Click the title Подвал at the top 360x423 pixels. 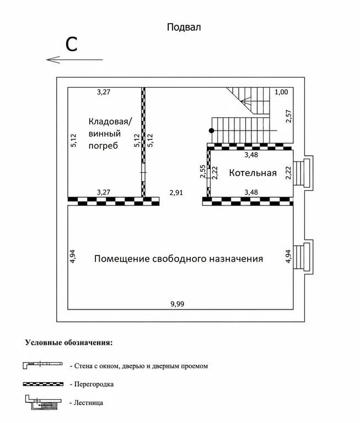point(184,27)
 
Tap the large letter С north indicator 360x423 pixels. point(72,44)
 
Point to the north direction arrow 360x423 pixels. point(74,59)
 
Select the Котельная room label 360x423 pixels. point(253,172)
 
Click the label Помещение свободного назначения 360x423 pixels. point(179,259)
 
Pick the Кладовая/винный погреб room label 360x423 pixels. point(110,133)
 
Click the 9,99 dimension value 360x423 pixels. point(177,304)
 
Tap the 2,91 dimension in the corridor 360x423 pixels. point(176,193)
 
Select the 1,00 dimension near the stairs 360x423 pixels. point(281,92)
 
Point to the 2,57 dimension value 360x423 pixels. point(289,116)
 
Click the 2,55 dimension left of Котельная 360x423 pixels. point(203,172)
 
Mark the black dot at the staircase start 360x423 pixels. point(212,131)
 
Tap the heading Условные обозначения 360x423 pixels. point(69,343)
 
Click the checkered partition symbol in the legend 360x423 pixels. point(43,384)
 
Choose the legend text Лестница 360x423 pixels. point(88,403)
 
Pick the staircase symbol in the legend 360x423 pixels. point(43,403)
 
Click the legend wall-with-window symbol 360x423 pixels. point(42,365)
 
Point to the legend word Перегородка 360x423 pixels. point(94,384)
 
